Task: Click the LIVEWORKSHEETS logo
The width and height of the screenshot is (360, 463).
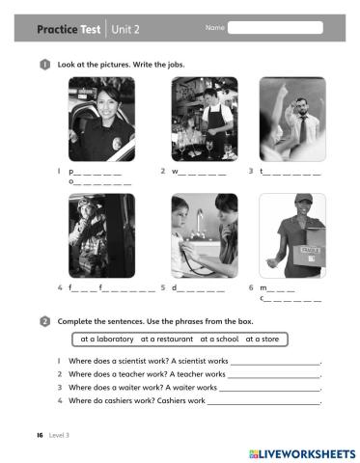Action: click(x=302, y=451)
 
